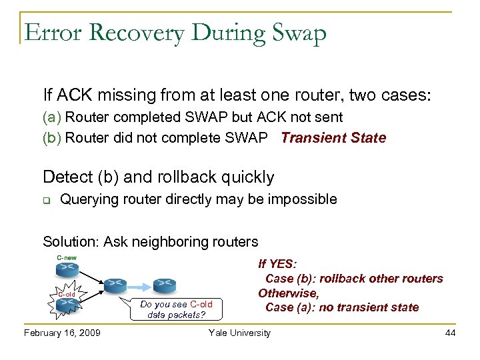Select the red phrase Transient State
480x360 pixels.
pyautogui.click(x=333, y=138)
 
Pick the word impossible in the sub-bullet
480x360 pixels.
pyautogui.click(x=303, y=199)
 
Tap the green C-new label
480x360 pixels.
pyautogui.click(x=66, y=257)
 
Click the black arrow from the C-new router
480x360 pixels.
pyautogui.click(x=90, y=277)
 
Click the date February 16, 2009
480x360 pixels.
pyautogui.click(x=62, y=333)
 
